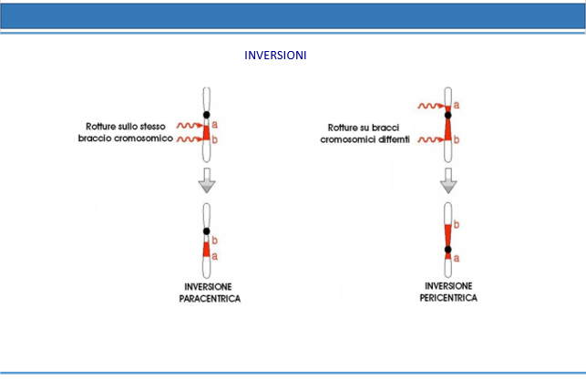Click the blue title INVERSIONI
coord(275,56)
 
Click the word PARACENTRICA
coord(210,299)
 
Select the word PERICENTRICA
coord(448,298)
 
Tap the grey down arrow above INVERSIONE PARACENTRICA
coord(207,180)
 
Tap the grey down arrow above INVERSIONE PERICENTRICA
coord(448,180)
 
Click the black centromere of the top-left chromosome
coord(206,115)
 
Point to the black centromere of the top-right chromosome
coord(447,115)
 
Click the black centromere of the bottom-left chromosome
coord(206,231)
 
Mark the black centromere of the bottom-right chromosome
coord(447,249)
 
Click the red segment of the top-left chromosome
coord(206,133)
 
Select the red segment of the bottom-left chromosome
coord(206,249)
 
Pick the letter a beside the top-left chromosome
coord(214,125)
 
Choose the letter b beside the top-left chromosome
coord(214,139)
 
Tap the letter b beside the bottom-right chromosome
coord(457,224)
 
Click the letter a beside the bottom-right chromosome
coord(457,258)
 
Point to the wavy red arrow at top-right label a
coord(431,106)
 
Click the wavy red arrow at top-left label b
coord(190,139)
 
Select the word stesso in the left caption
coord(152,127)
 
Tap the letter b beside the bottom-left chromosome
coord(214,241)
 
